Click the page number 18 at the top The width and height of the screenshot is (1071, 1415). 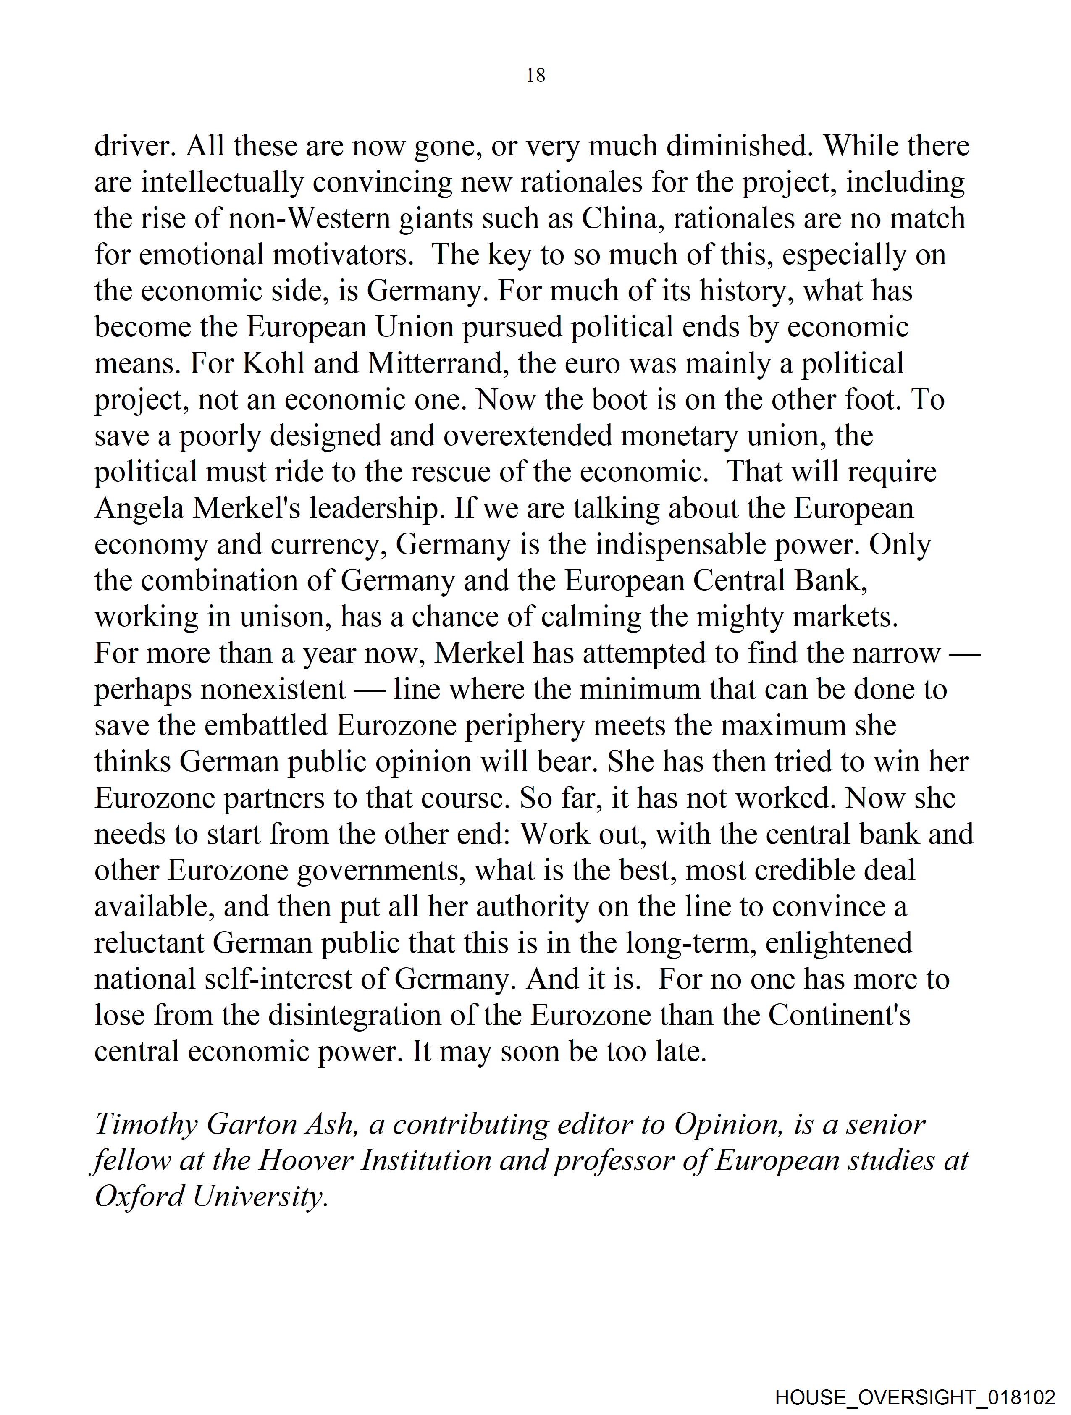point(535,76)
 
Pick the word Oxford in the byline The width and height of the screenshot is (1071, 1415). point(139,1197)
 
